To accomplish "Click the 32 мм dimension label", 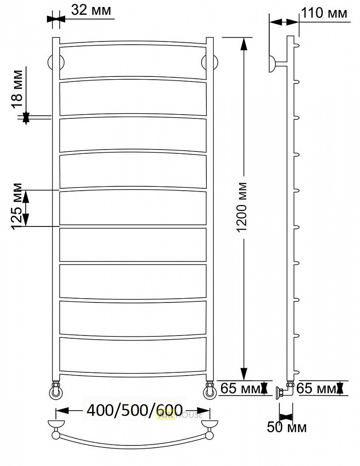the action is (x=91, y=10).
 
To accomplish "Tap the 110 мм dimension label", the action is (x=324, y=13).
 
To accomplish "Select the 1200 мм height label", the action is (x=242, y=207).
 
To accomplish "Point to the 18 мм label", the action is (x=18, y=89).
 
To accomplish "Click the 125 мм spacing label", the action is (x=17, y=206).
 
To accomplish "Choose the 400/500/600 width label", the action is (x=135, y=411).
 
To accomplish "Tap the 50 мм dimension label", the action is (x=286, y=427).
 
